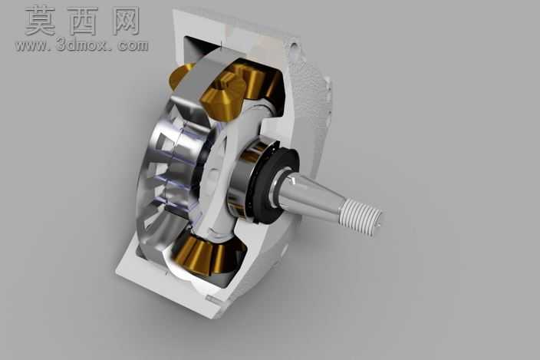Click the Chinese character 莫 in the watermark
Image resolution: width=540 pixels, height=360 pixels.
coord(41,21)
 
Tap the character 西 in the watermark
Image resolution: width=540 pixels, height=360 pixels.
coord(83,21)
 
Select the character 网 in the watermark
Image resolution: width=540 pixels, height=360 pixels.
coord(126,21)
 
